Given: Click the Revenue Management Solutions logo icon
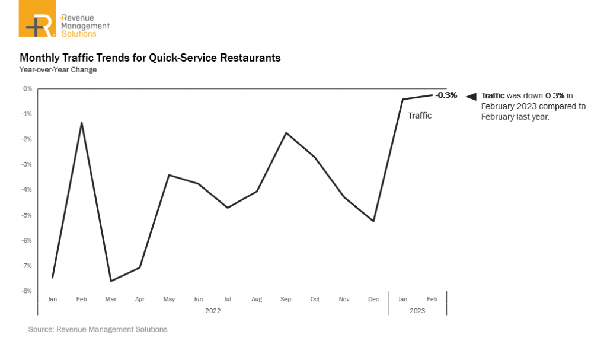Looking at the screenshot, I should point(37,19).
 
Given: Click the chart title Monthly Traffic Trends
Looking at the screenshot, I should point(150,58).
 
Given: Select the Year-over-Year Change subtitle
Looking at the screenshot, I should point(58,70).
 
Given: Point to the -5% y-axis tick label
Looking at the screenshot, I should point(27,215).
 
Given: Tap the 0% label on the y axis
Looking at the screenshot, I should point(28,89).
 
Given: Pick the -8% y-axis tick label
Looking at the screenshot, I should point(27,291).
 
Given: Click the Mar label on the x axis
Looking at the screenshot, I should point(110,300).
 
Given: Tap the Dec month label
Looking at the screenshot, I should point(373,300).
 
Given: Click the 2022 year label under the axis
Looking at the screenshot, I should point(213,310).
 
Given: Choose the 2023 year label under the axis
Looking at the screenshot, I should point(417,310).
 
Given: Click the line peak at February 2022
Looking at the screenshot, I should point(81,123).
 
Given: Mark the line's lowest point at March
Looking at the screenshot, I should point(111,281).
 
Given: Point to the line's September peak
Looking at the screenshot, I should point(286,133).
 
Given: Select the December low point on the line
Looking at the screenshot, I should point(373,221).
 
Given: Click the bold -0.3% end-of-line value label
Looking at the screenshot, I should point(446,95).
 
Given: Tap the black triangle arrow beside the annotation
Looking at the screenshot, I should point(471,96).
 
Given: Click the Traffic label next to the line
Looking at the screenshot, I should point(420,116).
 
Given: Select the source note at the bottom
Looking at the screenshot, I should point(98,329).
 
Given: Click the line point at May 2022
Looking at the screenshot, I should point(170,175).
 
